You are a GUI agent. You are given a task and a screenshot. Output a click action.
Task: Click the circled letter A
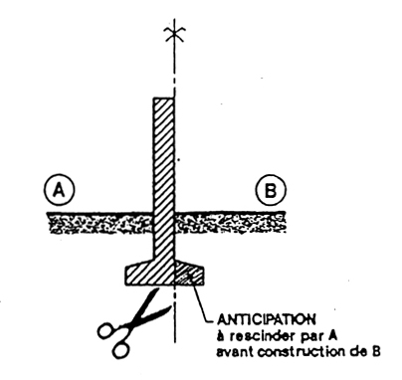tap(60, 190)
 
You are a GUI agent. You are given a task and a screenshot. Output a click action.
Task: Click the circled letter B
tap(271, 191)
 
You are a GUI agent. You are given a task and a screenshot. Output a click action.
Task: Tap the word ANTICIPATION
tap(266, 319)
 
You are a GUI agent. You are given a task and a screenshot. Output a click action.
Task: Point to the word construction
tap(301, 351)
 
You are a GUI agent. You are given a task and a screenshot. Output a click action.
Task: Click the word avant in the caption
tap(235, 351)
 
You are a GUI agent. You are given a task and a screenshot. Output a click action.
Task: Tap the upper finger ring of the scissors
tap(106, 330)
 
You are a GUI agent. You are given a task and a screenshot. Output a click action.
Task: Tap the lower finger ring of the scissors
tap(121, 349)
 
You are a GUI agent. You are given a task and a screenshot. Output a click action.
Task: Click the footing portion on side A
tap(149, 273)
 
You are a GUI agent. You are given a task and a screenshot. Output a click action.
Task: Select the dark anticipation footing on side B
tap(189, 274)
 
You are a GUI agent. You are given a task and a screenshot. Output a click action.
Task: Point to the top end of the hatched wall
tap(163, 98)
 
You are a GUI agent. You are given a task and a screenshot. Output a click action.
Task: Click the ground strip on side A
tap(100, 223)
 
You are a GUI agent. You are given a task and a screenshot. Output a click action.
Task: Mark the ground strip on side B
tap(230, 223)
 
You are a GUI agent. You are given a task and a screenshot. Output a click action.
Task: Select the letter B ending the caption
tap(375, 351)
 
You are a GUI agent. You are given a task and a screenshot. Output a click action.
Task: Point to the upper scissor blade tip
tap(155, 290)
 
